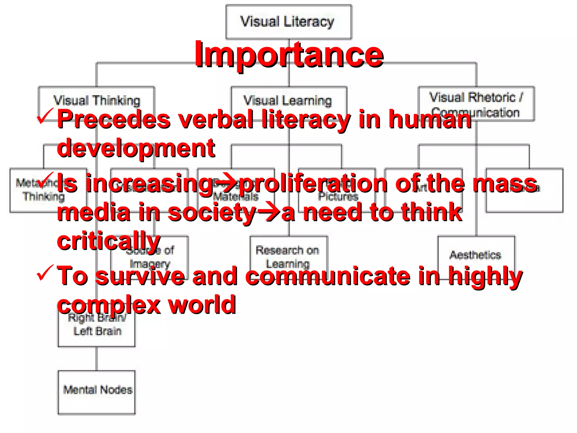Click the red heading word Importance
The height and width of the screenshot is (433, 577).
[x=289, y=55]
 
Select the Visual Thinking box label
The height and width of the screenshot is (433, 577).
[x=97, y=100]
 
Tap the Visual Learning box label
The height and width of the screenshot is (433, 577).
[x=288, y=100]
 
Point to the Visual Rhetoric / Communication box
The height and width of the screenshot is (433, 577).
[x=476, y=103]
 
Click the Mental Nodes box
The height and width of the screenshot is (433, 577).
[x=97, y=392]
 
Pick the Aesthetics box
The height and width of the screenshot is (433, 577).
[x=476, y=255]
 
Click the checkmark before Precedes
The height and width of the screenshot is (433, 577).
[x=45, y=116]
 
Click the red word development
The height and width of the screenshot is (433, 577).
[x=136, y=148]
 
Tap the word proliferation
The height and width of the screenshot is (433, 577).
[x=313, y=184]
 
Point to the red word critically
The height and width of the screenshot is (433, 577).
[x=109, y=241]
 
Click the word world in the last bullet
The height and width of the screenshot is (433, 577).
[x=202, y=305]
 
